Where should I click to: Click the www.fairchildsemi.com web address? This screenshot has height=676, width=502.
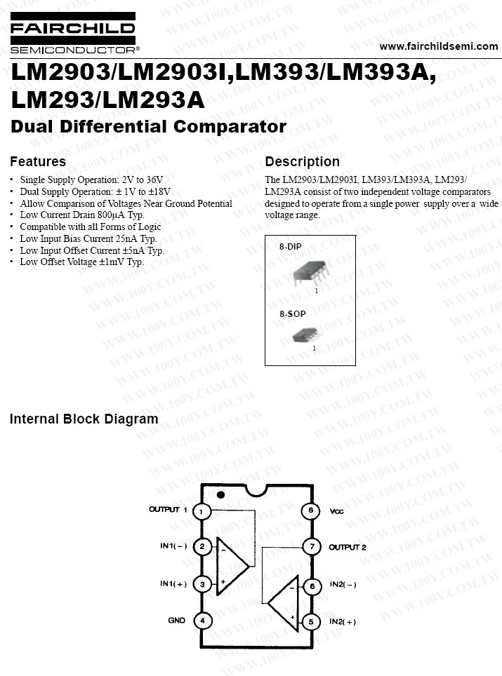tap(439, 46)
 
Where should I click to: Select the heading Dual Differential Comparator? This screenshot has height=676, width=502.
tap(148, 126)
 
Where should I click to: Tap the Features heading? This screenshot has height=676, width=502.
tap(38, 161)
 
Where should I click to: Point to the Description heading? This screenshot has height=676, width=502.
tap(302, 161)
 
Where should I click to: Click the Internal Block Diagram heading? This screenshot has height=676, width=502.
tap(84, 419)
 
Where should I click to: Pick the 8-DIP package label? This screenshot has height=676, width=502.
tap(290, 247)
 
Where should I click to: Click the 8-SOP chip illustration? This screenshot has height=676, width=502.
tap(305, 335)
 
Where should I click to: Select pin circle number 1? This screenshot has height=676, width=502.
tap(201, 512)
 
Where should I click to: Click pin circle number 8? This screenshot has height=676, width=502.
tap(311, 511)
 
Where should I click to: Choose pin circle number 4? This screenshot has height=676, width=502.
tap(202, 621)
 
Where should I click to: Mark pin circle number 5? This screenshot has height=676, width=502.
tap(311, 622)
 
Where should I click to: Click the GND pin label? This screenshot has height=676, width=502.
tap(176, 621)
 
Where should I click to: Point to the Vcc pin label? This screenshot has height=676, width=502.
tap(337, 511)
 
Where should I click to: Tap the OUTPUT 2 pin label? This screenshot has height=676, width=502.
tap(348, 547)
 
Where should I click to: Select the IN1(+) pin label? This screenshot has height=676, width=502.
tap(173, 583)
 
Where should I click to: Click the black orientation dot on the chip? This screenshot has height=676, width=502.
tap(220, 495)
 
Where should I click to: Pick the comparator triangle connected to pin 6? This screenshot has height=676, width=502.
tap(283, 602)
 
